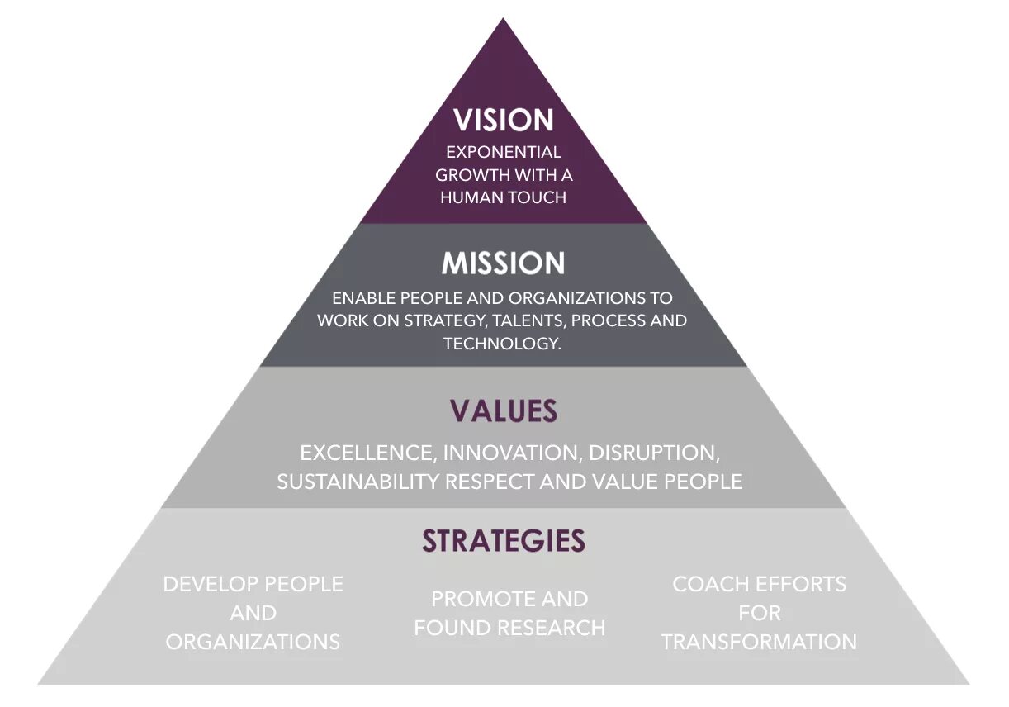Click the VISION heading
(503, 121)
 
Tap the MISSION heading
(503, 263)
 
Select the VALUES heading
(503, 410)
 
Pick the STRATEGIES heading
(503, 540)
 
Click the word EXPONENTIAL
(503, 152)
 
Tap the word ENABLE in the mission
(364, 298)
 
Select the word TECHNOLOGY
(501, 344)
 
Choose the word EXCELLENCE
(367, 453)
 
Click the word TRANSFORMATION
(759, 642)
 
